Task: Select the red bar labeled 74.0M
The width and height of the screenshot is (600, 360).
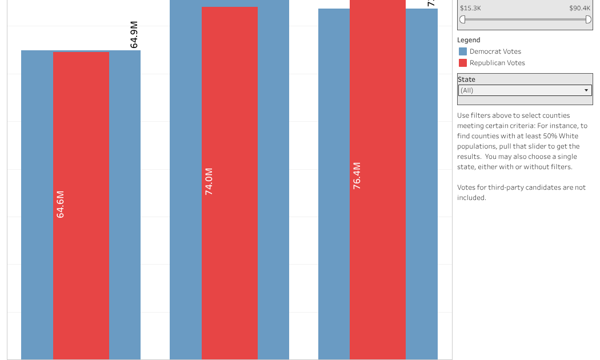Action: click(230, 257)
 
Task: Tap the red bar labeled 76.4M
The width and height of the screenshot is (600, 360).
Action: click(378, 257)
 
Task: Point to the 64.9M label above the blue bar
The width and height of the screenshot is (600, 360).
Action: click(134, 35)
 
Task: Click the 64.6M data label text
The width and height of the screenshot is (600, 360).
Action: click(61, 204)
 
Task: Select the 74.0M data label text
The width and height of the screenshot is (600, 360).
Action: click(209, 181)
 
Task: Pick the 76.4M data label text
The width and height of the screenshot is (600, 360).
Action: click(357, 175)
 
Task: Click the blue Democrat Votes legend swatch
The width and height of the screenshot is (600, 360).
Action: click(463, 51)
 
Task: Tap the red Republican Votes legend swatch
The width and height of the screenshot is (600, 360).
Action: click(463, 63)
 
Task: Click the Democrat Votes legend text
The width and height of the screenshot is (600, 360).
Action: click(495, 51)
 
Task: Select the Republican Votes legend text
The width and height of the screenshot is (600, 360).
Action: click(497, 63)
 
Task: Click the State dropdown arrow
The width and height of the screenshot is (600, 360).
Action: click(586, 90)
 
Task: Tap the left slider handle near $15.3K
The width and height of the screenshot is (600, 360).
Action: click(462, 19)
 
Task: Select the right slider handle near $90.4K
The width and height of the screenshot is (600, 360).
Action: click(588, 19)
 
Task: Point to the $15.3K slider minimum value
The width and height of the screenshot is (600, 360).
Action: click(470, 8)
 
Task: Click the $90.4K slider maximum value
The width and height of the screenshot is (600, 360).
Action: click(579, 8)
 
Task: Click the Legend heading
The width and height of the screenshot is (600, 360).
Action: click(469, 40)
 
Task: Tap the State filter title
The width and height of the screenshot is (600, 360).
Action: click(466, 79)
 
